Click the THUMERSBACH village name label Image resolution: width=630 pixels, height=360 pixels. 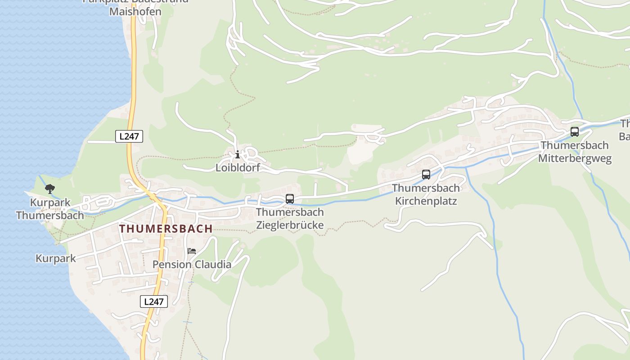(x=166, y=229)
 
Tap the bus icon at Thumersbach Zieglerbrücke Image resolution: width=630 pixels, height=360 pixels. (x=290, y=198)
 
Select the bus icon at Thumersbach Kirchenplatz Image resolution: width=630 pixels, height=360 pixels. (x=426, y=175)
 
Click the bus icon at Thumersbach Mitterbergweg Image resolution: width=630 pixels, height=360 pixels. (x=575, y=132)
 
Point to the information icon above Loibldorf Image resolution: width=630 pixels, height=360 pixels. (x=238, y=154)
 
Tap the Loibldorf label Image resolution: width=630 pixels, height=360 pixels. (x=238, y=168)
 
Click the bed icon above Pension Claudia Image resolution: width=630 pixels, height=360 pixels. (x=192, y=251)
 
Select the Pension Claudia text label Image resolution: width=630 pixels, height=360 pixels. (x=192, y=264)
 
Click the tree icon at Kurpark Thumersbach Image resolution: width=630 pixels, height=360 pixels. (x=50, y=189)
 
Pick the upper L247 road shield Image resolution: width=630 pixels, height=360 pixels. (x=129, y=136)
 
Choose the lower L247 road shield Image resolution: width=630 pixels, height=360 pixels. (x=154, y=301)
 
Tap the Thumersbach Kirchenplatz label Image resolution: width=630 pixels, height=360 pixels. (x=426, y=194)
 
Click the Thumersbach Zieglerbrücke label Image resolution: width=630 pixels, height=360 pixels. (x=290, y=218)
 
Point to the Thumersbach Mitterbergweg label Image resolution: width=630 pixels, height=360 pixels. (x=575, y=152)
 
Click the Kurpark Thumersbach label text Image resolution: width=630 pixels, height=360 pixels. (x=50, y=209)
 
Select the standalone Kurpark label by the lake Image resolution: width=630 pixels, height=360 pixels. (x=56, y=259)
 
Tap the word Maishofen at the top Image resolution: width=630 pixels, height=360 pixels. (x=135, y=11)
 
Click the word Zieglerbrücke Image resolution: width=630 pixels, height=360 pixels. (x=290, y=224)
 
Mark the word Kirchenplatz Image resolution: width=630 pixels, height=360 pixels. (x=426, y=201)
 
